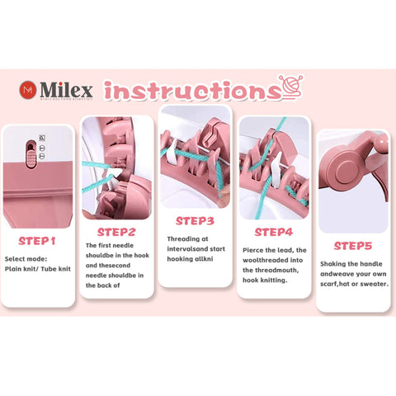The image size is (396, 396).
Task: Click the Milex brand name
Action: [69, 88]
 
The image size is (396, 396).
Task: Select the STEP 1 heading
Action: [36, 241]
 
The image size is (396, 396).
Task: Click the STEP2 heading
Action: [117, 232]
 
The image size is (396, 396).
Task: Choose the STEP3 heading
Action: [195, 220]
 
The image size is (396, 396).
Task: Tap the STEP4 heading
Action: [273, 232]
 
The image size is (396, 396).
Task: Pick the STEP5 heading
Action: [352, 245]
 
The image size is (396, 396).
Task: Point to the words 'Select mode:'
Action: [27, 259]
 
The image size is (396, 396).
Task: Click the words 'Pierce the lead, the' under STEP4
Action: [272, 249]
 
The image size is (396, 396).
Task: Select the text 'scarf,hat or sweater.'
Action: [353, 284]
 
